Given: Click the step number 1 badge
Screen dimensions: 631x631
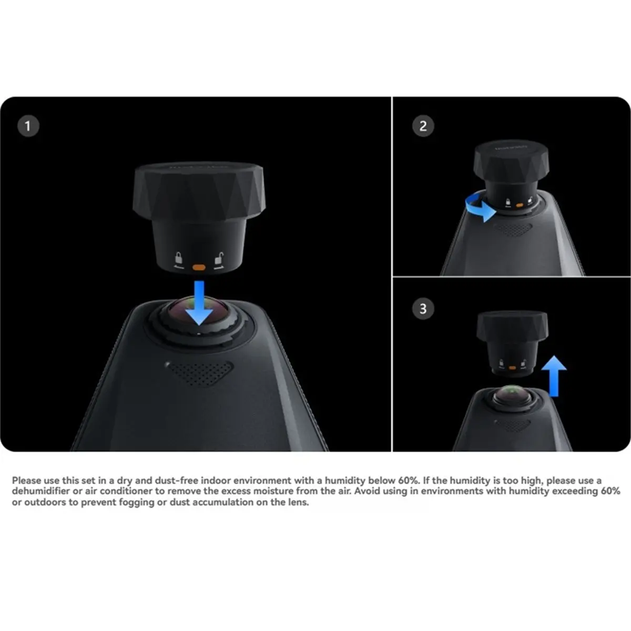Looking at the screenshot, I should point(28,126).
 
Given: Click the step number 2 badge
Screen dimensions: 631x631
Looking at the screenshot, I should point(423,126).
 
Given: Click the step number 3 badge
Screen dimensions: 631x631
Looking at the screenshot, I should point(423,308).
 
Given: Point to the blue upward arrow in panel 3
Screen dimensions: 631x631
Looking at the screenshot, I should point(554,375).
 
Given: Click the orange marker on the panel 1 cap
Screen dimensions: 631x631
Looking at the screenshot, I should point(199,267).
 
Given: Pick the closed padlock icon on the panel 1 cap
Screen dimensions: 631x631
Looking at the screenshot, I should point(179,259).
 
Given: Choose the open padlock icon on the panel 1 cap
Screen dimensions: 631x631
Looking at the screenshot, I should point(218,259).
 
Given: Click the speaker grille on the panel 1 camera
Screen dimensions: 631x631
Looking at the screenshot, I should point(200,373).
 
